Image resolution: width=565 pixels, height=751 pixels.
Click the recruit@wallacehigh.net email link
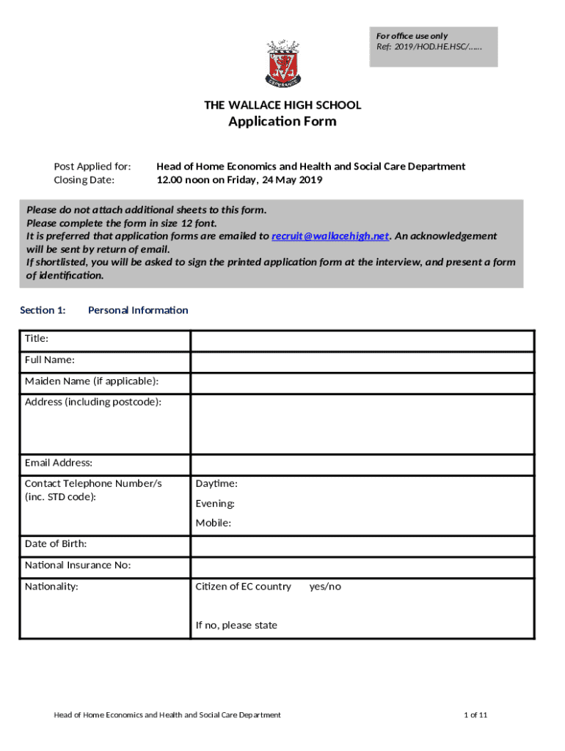click(x=330, y=236)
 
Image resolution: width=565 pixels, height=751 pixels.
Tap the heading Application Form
click(x=282, y=122)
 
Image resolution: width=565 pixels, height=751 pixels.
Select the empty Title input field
click(x=362, y=340)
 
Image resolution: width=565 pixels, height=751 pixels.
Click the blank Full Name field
click(x=362, y=362)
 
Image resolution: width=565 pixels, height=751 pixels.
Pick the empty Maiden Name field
click(x=362, y=383)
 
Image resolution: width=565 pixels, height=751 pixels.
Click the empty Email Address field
click(x=362, y=464)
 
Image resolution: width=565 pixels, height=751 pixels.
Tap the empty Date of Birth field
click(x=362, y=546)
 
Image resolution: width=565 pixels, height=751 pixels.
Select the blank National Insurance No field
click(x=362, y=567)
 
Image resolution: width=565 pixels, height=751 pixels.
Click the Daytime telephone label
click(x=216, y=484)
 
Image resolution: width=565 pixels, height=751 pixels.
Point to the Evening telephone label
click(x=215, y=504)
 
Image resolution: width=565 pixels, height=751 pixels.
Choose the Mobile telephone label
click(x=213, y=523)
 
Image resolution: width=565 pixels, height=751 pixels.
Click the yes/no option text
click(x=325, y=587)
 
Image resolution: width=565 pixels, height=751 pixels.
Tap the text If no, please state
click(x=236, y=626)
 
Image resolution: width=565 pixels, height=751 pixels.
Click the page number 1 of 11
click(x=475, y=715)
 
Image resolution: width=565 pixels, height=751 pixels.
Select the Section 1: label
click(x=43, y=310)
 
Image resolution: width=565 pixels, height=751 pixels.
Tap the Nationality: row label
click(x=51, y=587)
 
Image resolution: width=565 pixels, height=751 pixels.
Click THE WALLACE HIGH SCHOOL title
click(x=282, y=106)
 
